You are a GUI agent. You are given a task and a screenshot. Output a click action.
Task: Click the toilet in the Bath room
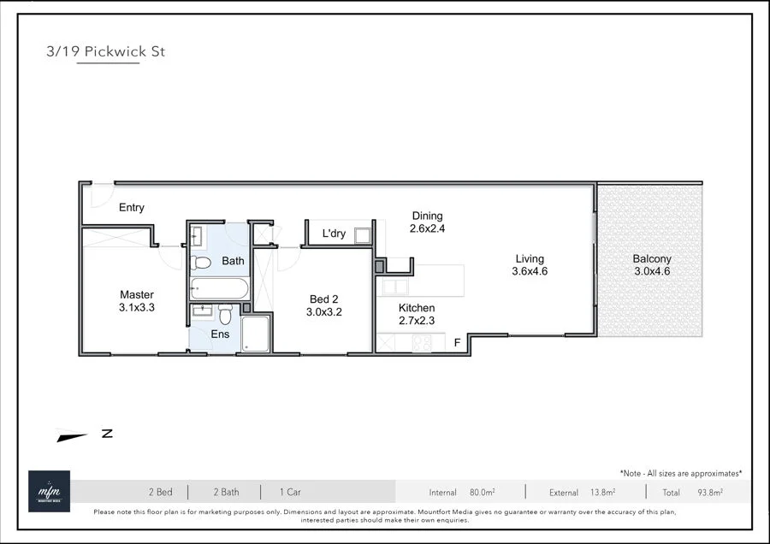[200, 262]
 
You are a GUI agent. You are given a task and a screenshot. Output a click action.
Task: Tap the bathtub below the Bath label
[218, 287]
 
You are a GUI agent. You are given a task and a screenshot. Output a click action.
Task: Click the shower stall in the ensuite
[255, 334]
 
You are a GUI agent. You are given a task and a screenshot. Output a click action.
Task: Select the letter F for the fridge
[458, 342]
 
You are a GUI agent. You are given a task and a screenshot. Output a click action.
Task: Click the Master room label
[137, 295]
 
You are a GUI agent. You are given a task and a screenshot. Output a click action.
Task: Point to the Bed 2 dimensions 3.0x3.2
[324, 313]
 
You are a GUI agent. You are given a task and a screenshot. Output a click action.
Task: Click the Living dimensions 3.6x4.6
[530, 271]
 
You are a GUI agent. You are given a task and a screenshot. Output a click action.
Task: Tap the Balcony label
[652, 259]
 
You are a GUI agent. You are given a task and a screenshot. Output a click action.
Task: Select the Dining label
[427, 216]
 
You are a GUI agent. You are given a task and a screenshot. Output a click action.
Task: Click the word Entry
[132, 208]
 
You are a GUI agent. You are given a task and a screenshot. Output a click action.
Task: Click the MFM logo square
[49, 491]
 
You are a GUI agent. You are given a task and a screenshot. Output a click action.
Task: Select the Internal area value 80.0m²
[483, 493]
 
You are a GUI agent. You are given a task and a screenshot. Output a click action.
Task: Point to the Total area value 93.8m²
[709, 493]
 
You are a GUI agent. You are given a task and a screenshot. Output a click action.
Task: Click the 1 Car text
[290, 492]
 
